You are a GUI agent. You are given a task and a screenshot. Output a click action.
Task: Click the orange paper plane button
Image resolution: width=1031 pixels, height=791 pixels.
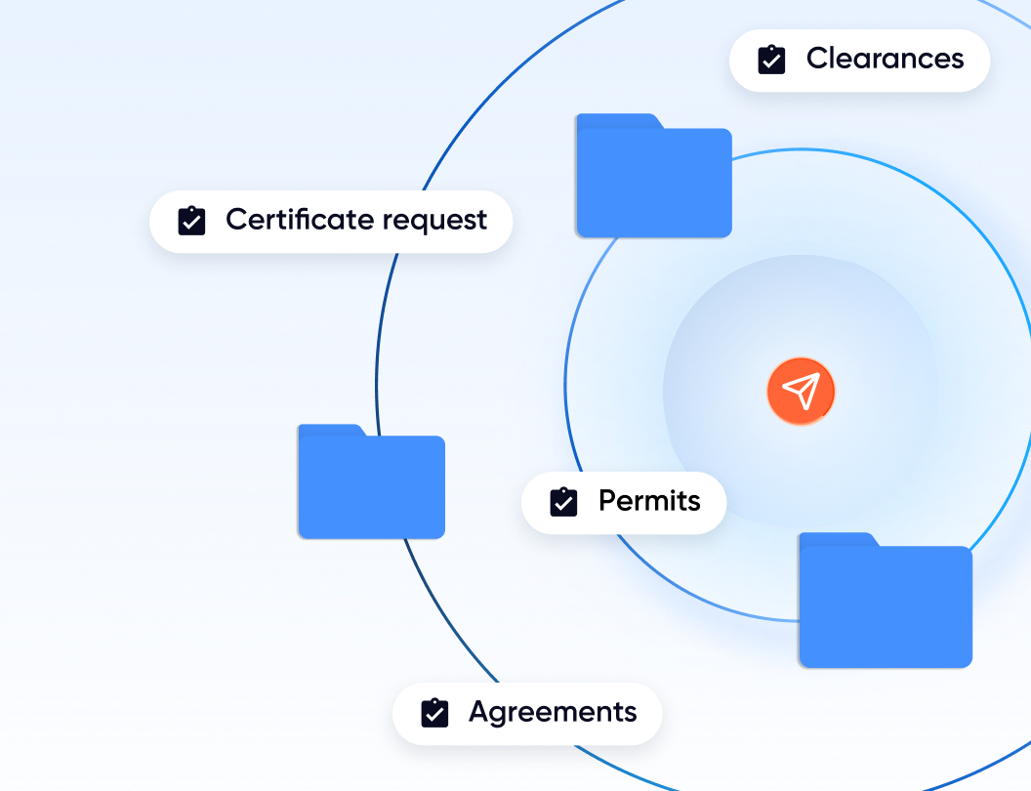tap(801, 392)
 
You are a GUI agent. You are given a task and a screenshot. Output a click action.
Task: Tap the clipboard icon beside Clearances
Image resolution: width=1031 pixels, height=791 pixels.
tap(771, 60)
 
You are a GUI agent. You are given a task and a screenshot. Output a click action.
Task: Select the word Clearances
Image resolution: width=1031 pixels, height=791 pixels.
tap(885, 59)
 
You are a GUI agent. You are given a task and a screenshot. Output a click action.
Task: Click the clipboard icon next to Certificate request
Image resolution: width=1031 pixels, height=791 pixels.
tap(191, 221)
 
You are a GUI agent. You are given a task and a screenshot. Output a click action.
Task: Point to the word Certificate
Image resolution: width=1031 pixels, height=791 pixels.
tap(300, 220)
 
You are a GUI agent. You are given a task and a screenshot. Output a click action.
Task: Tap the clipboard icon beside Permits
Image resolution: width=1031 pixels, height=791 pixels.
tap(563, 502)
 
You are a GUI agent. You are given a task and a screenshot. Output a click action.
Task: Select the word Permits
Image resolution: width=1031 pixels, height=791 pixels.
tap(649, 501)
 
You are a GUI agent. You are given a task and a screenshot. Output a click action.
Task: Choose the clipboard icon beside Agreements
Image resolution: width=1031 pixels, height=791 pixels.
tap(434, 713)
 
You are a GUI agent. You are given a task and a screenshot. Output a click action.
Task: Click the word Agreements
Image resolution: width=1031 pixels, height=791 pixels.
tap(553, 713)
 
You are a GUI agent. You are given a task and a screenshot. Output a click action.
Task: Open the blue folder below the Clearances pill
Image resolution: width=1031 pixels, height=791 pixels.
tap(653, 181)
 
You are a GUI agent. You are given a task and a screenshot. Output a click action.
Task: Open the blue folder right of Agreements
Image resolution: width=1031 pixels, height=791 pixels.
tap(886, 605)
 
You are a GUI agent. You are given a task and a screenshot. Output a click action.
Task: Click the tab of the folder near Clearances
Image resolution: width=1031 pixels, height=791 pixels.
tap(615, 121)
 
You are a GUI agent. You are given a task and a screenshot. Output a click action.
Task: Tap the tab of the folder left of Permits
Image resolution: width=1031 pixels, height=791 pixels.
tap(330, 431)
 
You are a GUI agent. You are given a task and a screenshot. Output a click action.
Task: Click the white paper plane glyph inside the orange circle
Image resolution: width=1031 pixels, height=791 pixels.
tap(800, 392)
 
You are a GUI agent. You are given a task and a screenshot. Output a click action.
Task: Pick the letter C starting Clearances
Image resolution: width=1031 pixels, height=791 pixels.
tap(817, 59)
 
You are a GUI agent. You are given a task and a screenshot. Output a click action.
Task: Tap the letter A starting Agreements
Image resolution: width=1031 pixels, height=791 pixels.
tap(479, 712)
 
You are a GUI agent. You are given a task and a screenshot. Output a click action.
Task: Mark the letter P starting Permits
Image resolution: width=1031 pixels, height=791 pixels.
tap(607, 501)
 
